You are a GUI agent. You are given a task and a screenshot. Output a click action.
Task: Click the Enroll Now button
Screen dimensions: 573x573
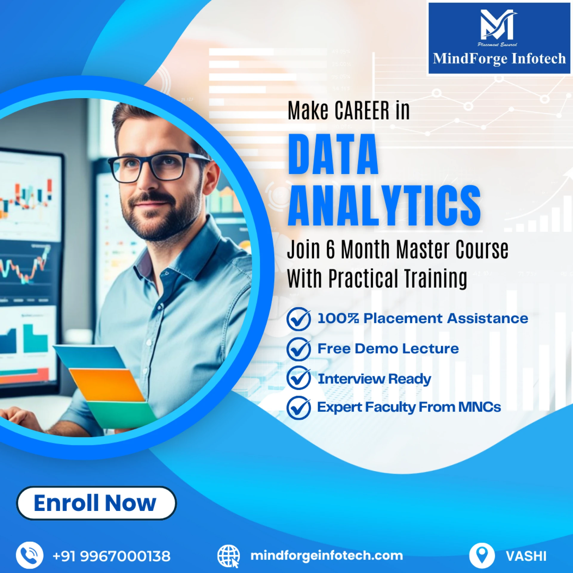click(x=96, y=503)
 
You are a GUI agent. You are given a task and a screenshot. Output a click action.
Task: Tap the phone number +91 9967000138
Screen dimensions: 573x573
click(x=111, y=556)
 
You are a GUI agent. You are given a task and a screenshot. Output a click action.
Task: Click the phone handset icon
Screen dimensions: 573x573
click(x=29, y=555)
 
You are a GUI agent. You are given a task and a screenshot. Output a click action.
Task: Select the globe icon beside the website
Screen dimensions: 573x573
click(x=228, y=556)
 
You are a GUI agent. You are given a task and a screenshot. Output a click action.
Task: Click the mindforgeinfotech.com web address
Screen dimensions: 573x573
click(x=326, y=556)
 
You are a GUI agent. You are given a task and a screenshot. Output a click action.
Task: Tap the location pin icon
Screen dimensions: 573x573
click(x=482, y=555)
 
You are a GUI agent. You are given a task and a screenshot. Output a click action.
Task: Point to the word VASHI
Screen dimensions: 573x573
click(x=526, y=556)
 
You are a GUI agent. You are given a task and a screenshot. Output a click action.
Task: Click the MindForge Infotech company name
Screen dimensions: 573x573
click(x=499, y=58)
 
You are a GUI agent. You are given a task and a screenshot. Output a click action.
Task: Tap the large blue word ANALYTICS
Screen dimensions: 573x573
click(x=384, y=205)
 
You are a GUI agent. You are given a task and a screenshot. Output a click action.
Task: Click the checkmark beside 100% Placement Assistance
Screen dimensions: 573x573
click(x=299, y=319)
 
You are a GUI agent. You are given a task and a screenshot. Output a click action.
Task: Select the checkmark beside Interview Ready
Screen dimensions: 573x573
click(x=299, y=378)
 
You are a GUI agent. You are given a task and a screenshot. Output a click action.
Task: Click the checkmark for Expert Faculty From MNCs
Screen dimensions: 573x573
click(x=299, y=408)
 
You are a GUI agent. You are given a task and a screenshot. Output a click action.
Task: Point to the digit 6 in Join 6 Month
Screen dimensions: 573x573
click(x=330, y=249)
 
